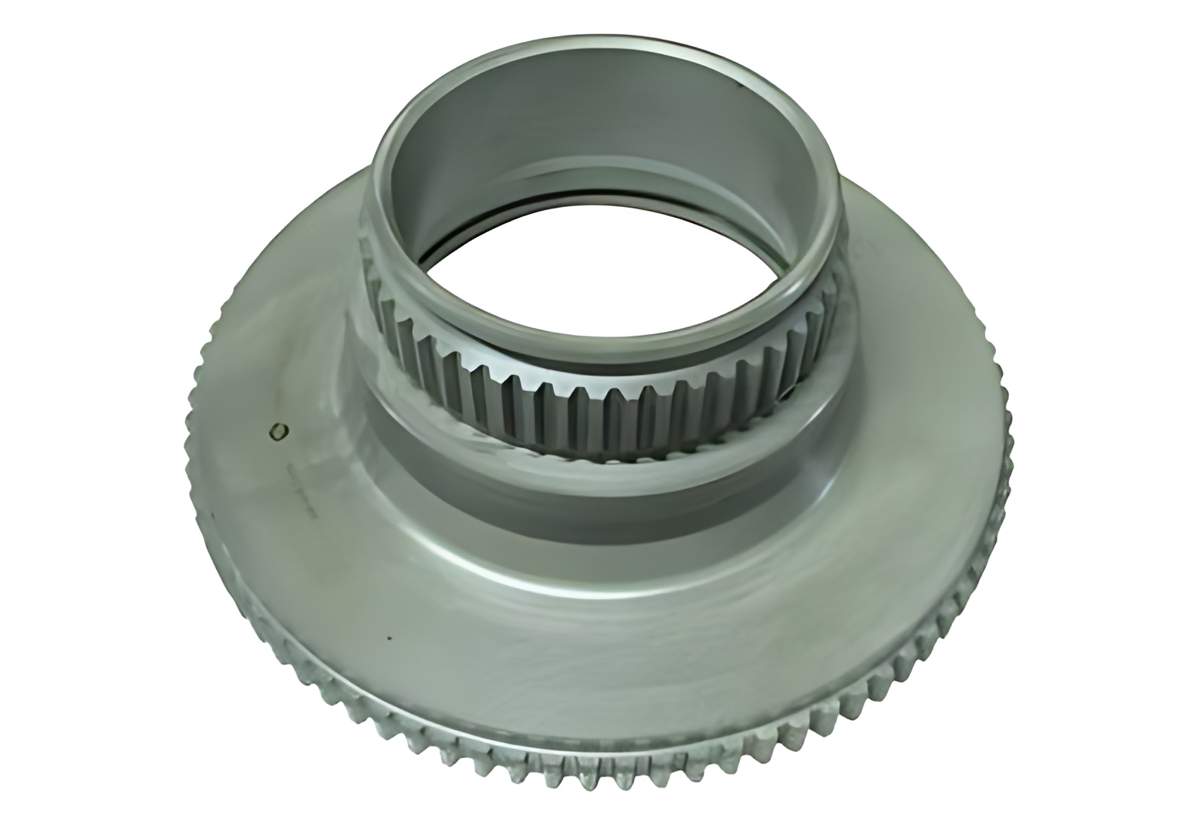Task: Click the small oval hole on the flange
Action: pos(279,430)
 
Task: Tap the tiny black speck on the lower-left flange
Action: pos(389,636)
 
